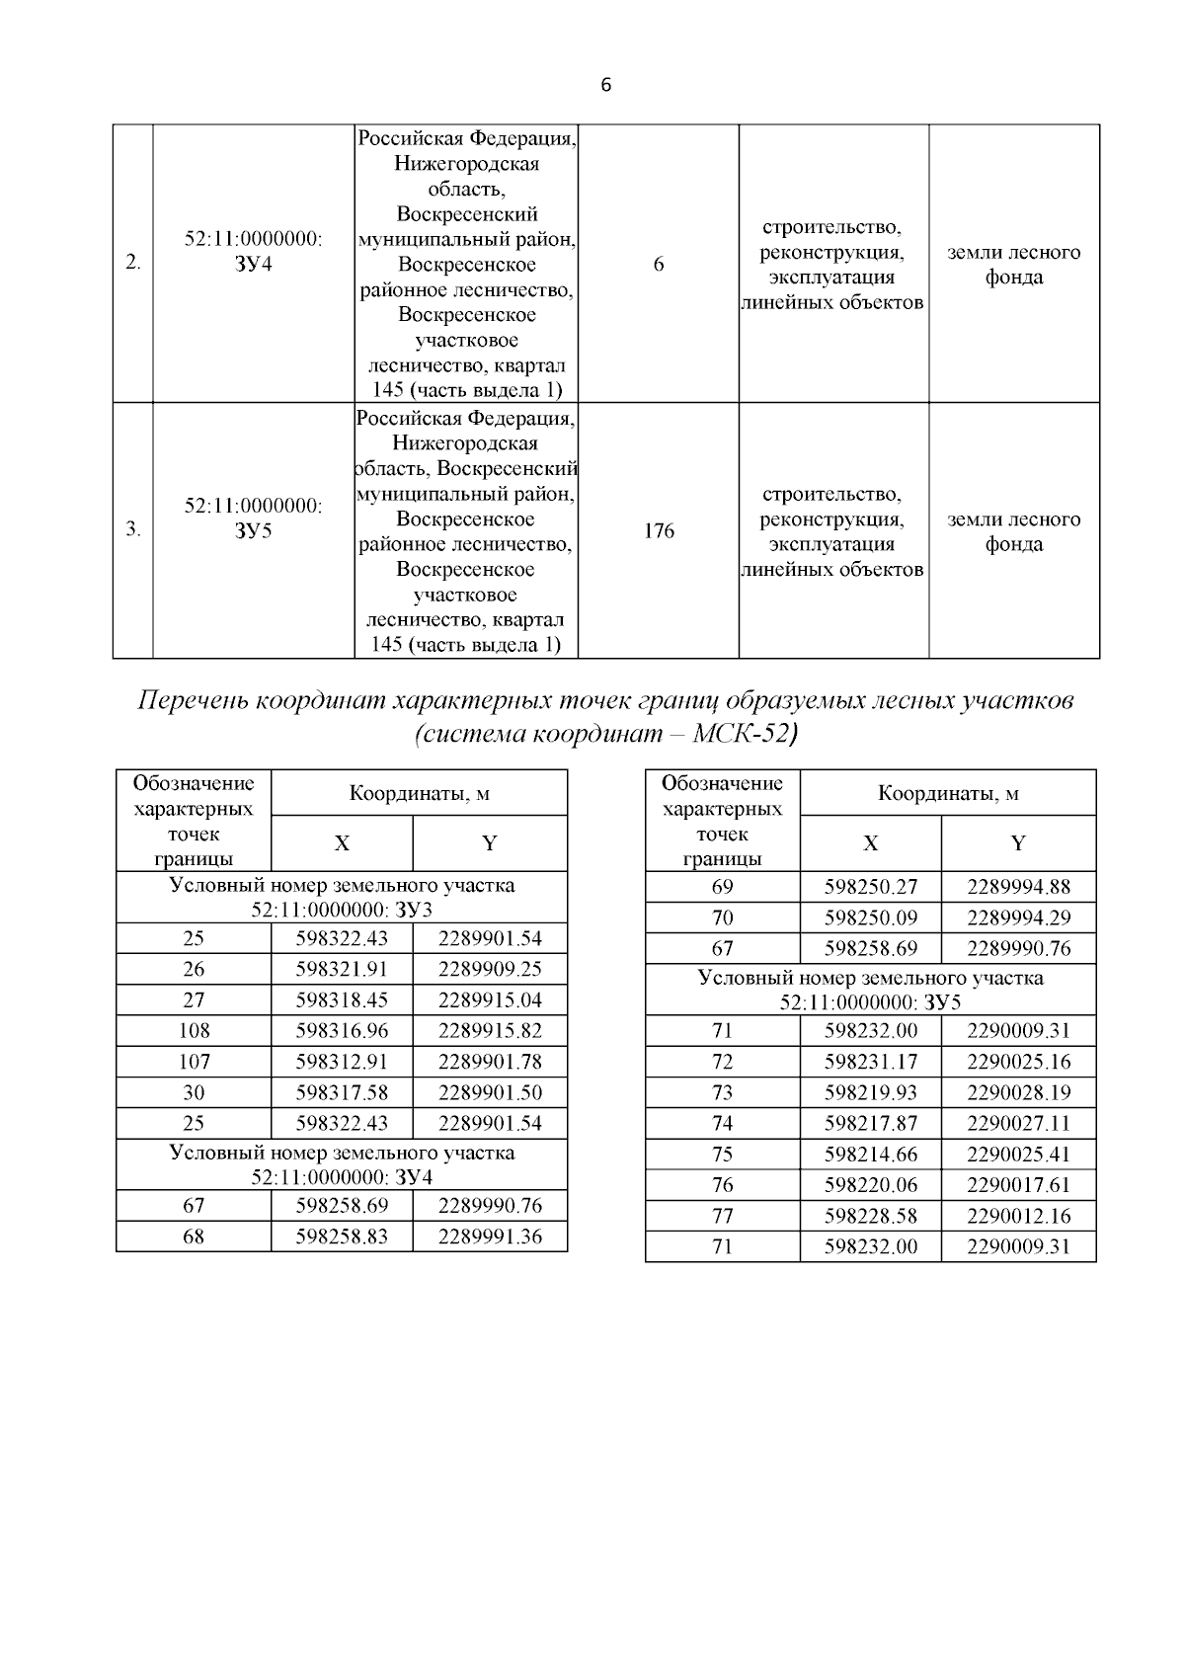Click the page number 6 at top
pyautogui.click(x=606, y=86)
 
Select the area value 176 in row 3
pyautogui.click(x=659, y=531)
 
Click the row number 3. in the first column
pyautogui.click(x=133, y=531)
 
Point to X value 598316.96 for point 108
pyautogui.click(x=342, y=1031)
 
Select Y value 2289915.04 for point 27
pyautogui.click(x=490, y=1000)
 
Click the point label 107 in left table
pyautogui.click(x=194, y=1062)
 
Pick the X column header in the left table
pyautogui.click(x=342, y=843)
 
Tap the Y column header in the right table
pyautogui.click(x=1018, y=843)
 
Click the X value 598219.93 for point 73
pyautogui.click(x=870, y=1093)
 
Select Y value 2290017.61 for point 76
pyautogui.click(x=1018, y=1185)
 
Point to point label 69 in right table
pyautogui.click(x=723, y=887)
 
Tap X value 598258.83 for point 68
pyautogui.click(x=342, y=1237)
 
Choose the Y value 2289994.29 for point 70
pyautogui.click(x=1018, y=918)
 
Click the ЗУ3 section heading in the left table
pyautogui.click(x=342, y=897)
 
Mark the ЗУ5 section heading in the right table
pyautogui.click(x=870, y=991)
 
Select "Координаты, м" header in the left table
pyautogui.click(x=420, y=793)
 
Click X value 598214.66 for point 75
pyautogui.click(x=870, y=1155)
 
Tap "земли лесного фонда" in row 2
pyautogui.click(x=1013, y=265)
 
